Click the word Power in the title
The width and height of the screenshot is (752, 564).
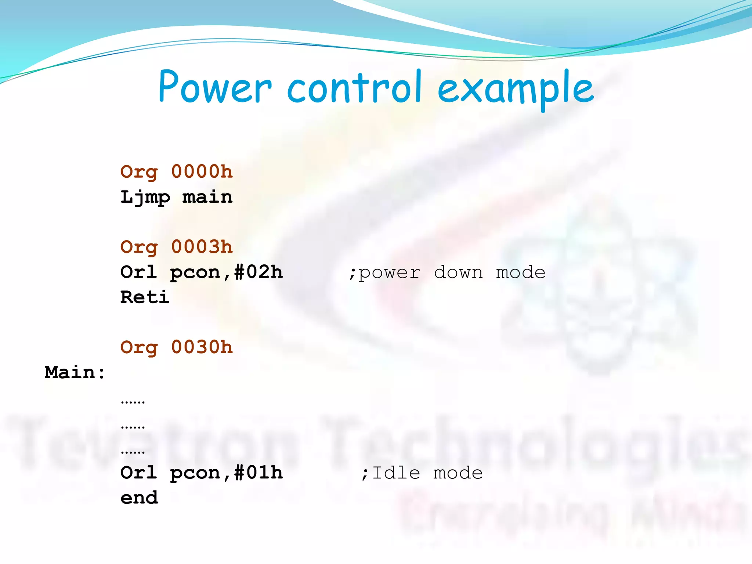215,87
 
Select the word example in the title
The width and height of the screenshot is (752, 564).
516,88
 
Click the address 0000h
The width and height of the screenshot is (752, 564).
202,171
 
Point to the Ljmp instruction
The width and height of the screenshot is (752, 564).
145,198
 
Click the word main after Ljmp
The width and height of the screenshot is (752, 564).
207,197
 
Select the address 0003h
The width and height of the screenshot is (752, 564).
202,247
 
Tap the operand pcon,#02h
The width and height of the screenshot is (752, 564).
226,272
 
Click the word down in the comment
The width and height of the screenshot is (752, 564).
458,272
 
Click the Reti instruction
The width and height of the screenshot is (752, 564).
145,297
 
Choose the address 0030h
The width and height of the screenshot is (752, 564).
202,347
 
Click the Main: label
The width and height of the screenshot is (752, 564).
75,372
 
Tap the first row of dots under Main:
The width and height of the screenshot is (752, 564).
133,402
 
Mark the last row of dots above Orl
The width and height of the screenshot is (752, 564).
133,452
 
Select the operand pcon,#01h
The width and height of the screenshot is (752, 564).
226,473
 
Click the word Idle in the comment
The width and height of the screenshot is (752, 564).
396,473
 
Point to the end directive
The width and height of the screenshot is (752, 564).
139,498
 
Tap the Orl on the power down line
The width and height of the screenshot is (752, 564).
139,272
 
